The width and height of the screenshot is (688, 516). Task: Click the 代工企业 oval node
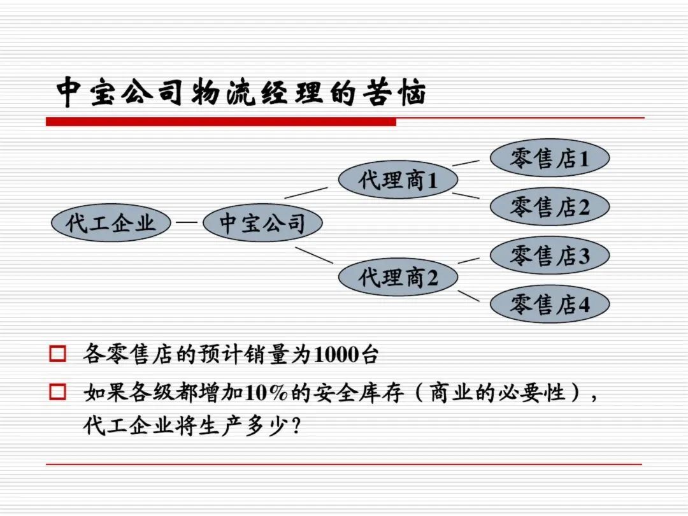(x=111, y=222)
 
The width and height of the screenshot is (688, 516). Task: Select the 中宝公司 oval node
(x=262, y=222)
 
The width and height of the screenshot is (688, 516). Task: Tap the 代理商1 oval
(x=398, y=180)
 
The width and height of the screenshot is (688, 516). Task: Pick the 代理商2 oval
(x=398, y=277)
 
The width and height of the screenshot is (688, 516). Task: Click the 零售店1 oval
(x=550, y=158)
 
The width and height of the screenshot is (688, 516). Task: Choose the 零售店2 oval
(x=550, y=206)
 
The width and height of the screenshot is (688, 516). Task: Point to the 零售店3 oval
(x=550, y=255)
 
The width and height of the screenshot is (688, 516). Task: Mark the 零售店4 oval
(x=550, y=304)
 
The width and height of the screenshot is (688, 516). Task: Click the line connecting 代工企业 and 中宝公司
(x=187, y=222)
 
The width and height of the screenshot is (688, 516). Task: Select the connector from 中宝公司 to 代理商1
(x=306, y=192)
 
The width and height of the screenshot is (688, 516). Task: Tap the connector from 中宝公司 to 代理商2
(x=314, y=255)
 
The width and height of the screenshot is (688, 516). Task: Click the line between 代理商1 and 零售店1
(x=466, y=163)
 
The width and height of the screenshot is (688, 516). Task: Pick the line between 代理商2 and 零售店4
(x=469, y=296)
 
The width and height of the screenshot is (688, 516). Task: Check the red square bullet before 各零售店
(x=57, y=354)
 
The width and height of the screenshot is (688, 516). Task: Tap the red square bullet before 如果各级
(x=57, y=392)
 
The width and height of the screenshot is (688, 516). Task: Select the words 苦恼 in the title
(x=394, y=92)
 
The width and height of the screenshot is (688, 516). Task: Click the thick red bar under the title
(x=220, y=122)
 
